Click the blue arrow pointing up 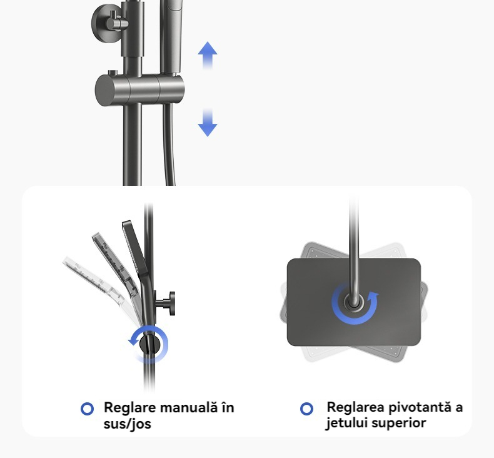tap(208, 55)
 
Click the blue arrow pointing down tap(208, 123)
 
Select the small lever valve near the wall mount tap(116, 23)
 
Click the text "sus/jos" tap(128, 424)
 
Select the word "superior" tap(396, 424)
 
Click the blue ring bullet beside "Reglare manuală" tap(88, 409)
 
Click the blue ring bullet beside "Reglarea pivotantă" tap(306, 409)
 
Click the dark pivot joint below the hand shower tap(147, 343)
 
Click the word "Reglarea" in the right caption tap(355, 407)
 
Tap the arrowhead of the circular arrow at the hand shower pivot tap(133, 340)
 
